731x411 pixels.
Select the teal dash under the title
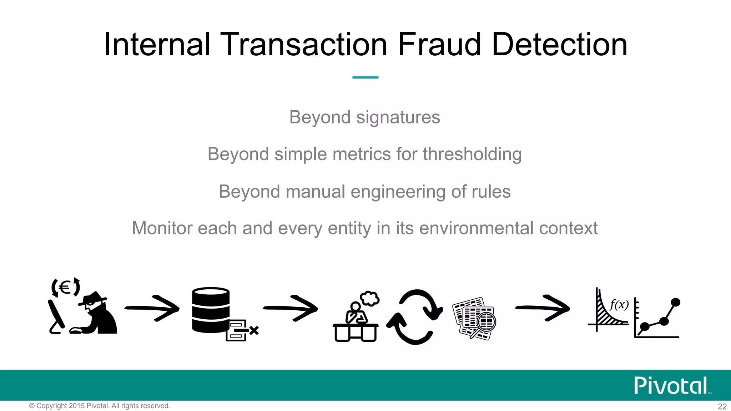coord(365,77)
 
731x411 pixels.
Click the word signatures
coord(398,117)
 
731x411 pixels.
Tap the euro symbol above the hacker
coord(65,287)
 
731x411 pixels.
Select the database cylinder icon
coord(211,310)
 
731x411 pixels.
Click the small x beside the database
coord(254,330)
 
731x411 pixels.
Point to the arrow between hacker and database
coord(152,308)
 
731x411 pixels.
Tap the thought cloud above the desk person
coord(369,299)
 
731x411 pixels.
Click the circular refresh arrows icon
coord(415,317)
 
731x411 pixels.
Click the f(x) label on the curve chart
coord(619,304)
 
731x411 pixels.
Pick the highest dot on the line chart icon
coord(675,302)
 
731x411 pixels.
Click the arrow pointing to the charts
coord(543,308)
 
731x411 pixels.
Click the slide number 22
coord(722,406)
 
